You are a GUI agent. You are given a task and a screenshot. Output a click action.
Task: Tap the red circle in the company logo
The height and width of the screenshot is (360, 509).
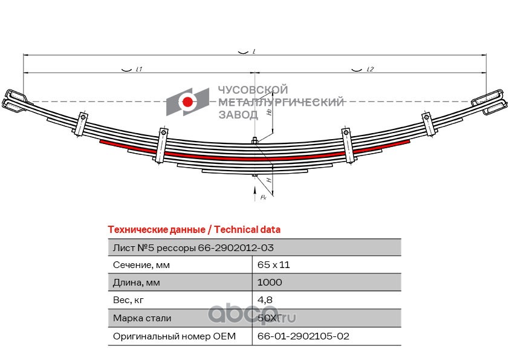point(188,102)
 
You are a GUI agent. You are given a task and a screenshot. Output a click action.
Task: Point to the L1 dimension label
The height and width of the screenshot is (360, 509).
point(138,70)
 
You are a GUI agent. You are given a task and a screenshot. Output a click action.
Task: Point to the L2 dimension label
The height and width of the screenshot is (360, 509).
point(370,70)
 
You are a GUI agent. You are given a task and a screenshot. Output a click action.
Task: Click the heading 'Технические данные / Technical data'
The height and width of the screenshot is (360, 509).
point(193,230)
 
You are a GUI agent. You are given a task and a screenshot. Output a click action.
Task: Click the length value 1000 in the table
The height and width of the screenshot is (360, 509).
point(270,283)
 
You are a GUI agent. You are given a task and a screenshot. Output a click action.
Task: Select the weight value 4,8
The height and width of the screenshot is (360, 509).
point(264,300)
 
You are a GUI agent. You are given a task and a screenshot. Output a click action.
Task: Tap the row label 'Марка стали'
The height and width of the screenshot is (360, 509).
point(142,318)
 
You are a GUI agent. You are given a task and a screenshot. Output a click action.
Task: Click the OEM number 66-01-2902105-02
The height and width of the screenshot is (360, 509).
point(303,336)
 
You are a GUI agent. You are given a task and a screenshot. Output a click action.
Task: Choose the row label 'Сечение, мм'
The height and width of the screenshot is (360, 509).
point(142,265)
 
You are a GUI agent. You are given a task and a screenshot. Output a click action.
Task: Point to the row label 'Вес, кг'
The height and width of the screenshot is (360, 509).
point(129,300)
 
